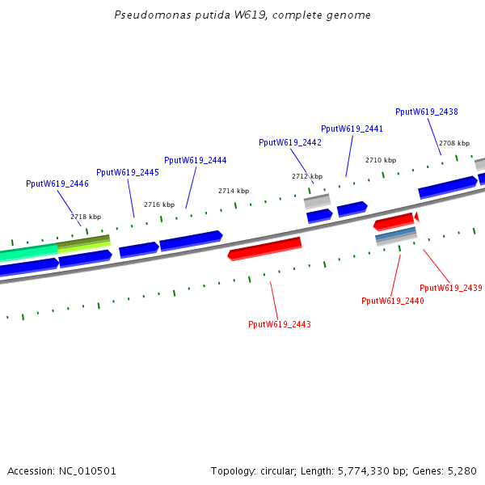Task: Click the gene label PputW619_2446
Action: pyautogui.click(x=57, y=184)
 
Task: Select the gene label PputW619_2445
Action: pyautogui.click(x=127, y=172)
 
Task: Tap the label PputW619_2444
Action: pyautogui.click(x=195, y=160)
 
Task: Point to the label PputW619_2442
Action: pyautogui.click(x=289, y=142)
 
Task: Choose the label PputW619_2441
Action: pyautogui.click(x=352, y=129)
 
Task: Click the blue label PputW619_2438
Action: pyautogui.click(x=426, y=112)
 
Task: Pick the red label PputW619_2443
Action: pyautogui.click(x=279, y=324)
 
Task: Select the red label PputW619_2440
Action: pyautogui.click(x=392, y=301)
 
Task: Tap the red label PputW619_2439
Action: pyautogui.click(x=450, y=288)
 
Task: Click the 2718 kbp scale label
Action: pyautogui.click(x=86, y=217)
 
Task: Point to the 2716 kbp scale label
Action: pyautogui.click(x=158, y=205)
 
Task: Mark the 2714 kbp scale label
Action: pyautogui.click(x=233, y=191)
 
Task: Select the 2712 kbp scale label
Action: pyautogui.click(x=306, y=176)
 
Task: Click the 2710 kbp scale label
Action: pyautogui.click(x=380, y=160)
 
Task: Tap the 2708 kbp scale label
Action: pyautogui.click(x=453, y=142)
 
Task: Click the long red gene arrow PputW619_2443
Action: pyautogui.click(x=264, y=249)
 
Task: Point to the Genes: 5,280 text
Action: pyautogui.click(x=444, y=470)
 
